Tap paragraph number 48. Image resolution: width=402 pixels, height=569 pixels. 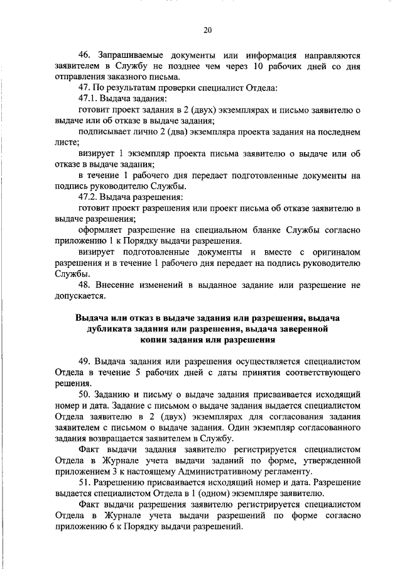point(86,284)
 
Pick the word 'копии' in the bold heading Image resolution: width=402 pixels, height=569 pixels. point(156,339)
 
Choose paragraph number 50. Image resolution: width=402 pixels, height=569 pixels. point(86,394)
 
